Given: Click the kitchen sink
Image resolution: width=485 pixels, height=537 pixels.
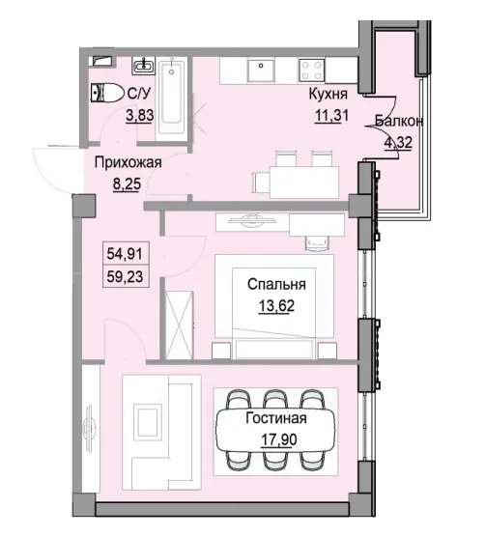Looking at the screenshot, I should click(x=261, y=70).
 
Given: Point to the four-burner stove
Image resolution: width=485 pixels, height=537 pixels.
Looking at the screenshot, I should click(x=313, y=70).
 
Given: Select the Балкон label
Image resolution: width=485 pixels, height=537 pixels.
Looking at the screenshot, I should click(x=397, y=122).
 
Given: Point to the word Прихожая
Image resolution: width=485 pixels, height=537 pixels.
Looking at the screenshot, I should click(x=127, y=163).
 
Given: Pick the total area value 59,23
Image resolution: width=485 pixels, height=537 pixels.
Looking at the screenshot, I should click(x=123, y=274).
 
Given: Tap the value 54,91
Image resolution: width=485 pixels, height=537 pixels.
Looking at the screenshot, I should click(x=123, y=255).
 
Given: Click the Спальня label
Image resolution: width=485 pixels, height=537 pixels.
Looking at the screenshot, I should click(x=276, y=285).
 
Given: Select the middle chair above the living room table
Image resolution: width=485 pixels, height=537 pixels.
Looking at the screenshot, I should click(x=275, y=399).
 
